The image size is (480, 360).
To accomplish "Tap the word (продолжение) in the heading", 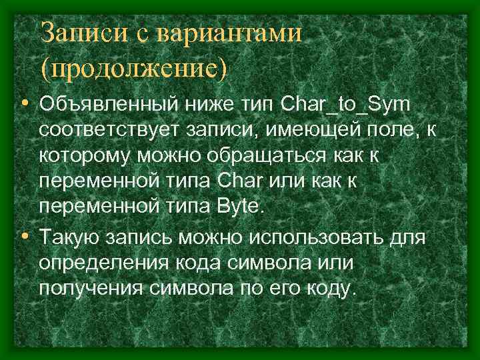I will [133, 67].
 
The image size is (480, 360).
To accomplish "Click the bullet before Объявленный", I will [25, 105].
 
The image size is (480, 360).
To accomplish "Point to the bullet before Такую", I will [25, 236].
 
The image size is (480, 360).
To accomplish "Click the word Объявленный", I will [105, 105].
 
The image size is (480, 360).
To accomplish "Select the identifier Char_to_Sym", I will [347, 105].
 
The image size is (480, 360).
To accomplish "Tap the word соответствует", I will [107, 131].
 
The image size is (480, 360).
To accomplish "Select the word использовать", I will [322, 236].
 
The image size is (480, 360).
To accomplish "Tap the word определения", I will [106, 262].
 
